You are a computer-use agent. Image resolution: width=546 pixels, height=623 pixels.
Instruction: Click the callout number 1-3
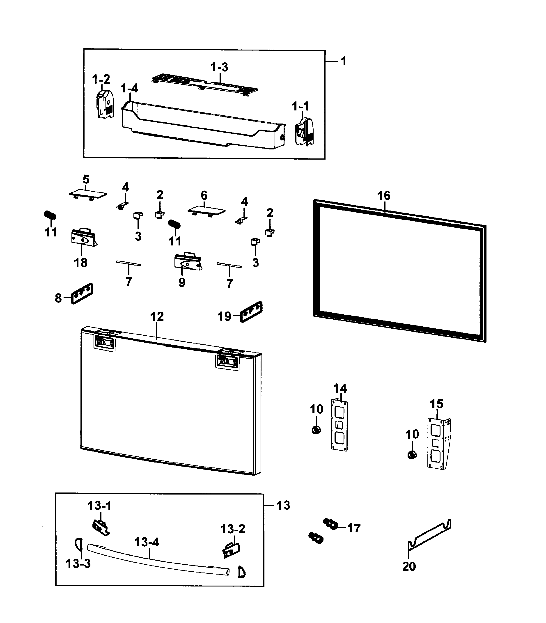pyautogui.click(x=219, y=67)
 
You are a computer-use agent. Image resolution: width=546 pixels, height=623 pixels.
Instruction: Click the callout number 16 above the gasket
pyautogui.click(x=384, y=196)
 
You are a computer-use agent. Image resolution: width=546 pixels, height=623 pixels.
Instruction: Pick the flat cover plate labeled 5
pyautogui.click(x=88, y=194)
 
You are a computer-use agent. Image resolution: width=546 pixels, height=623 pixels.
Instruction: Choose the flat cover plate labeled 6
pyautogui.click(x=206, y=210)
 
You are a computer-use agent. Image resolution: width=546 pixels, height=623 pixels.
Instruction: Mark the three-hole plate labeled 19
pyautogui.click(x=251, y=312)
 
